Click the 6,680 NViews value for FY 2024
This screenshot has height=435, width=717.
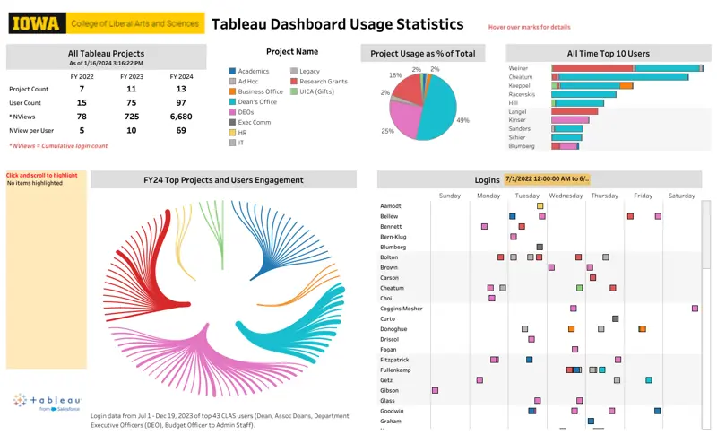(x=181, y=117)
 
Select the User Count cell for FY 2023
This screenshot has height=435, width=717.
(x=132, y=103)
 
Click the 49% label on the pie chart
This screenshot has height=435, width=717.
(x=462, y=120)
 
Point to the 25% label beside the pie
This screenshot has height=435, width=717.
(x=387, y=131)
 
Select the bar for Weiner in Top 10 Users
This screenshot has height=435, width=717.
(x=627, y=67)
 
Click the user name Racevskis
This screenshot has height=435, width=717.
(x=523, y=93)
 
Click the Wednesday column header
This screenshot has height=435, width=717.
(x=566, y=195)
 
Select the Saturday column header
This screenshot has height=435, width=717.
(x=681, y=195)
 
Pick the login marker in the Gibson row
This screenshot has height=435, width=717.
(x=435, y=390)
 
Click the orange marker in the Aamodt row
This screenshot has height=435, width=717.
(x=540, y=205)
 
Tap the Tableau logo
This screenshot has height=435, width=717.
(x=48, y=402)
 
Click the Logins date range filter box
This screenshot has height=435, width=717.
(x=547, y=179)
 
